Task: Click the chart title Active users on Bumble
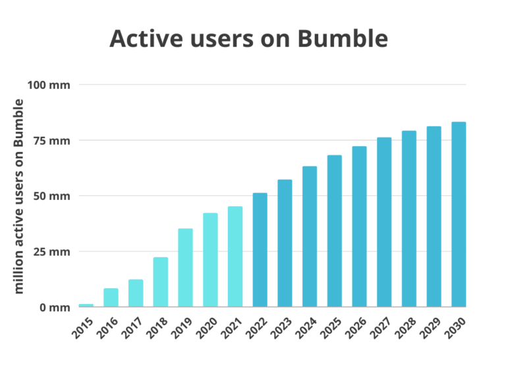[x=248, y=39]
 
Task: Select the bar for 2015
[x=86, y=305]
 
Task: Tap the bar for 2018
[x=160, y=282]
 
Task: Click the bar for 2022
[x=260, y=250]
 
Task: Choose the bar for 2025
[x=335, y=231]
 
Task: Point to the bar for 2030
[x=459, y=215]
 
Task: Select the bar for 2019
[x=185, y=268]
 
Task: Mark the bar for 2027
[x=384, y=222]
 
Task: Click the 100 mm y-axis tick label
[x=48, y=85]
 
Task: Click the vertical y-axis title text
[x=19, y=196]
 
